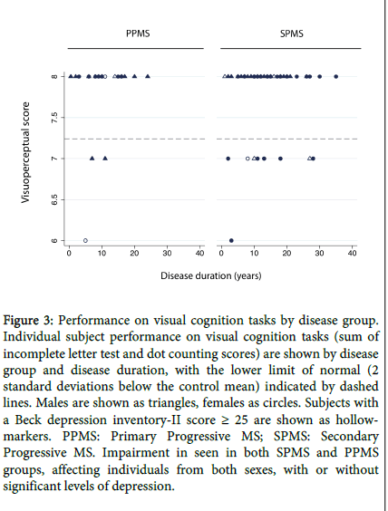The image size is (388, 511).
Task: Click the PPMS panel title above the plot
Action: (138, 34)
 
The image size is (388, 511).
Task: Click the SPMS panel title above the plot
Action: (292, 34)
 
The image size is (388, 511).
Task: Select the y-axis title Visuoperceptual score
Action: (25, 152)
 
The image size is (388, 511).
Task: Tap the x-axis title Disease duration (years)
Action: (211, 275)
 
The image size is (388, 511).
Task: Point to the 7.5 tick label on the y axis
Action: (54, 117)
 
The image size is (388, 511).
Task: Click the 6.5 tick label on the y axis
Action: (54, 199)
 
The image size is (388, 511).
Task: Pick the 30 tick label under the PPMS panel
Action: (167, 253)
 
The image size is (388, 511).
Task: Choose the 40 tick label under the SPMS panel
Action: (352, 253)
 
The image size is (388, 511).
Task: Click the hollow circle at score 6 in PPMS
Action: (85, 240)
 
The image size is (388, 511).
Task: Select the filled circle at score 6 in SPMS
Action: (231, 240)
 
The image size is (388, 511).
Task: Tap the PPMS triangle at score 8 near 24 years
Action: (148, 76)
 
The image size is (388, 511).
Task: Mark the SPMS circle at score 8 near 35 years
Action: (335, 77)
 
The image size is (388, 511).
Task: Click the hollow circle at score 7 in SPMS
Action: (247, 159)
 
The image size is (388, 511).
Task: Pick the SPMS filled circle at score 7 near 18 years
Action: (280, 159)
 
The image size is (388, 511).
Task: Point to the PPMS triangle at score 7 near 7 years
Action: (92, 158)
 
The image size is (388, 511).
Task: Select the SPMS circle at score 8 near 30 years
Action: (319, 77)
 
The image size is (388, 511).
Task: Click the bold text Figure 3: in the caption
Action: (28, 321)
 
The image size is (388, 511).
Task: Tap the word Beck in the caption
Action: (28, 419)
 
